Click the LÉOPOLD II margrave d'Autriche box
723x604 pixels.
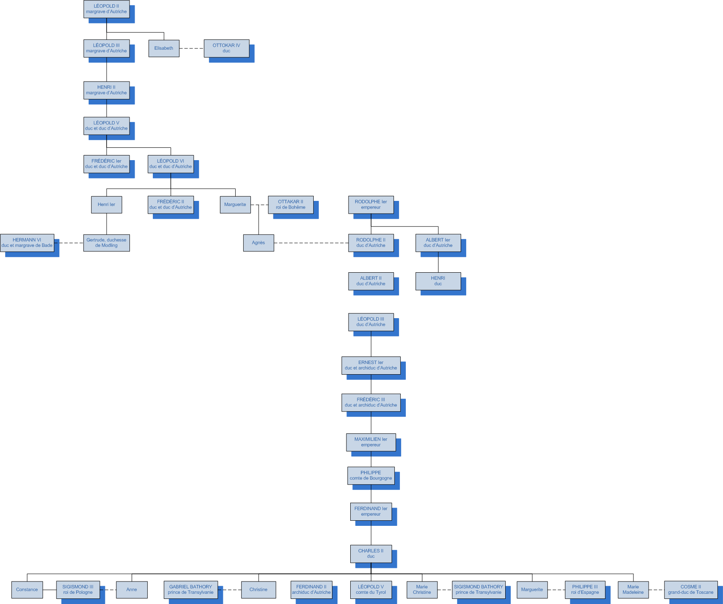106,9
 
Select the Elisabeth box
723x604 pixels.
164,48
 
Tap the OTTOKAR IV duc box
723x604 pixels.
226,48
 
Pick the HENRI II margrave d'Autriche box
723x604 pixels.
106,90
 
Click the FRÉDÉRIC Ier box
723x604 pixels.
106,164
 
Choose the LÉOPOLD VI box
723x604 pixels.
171,164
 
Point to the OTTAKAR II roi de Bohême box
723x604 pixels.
290,205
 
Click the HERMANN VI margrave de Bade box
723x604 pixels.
27,243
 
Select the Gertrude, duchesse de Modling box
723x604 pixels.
106,243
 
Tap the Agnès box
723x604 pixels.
258,243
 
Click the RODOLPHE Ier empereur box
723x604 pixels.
371,205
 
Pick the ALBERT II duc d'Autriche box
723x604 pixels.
371,281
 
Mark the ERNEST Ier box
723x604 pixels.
371,365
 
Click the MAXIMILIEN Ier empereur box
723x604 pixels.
371,442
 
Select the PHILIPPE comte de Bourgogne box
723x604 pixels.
371,476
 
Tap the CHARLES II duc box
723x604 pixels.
371,554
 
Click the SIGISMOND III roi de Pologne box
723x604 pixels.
78,590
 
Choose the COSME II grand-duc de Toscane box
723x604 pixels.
691,590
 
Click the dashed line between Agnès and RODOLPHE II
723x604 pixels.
311,243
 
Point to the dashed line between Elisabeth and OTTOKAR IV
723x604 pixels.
191,48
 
